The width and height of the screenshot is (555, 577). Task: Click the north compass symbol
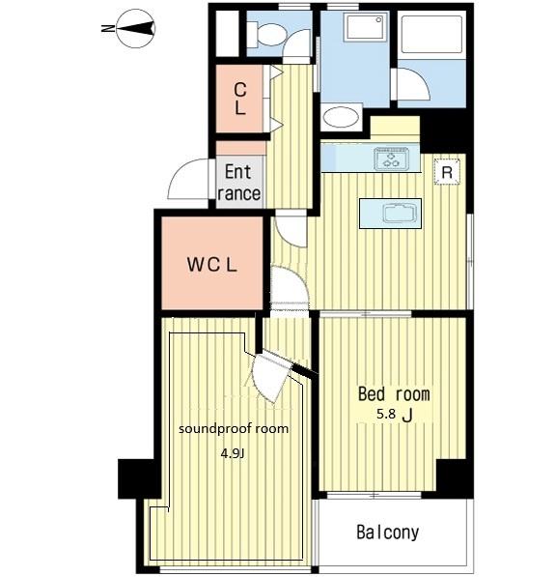[x=136, y=28]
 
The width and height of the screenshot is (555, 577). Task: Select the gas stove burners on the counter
[x=392, y=159]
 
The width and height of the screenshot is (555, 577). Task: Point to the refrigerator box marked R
[x=447, y=172]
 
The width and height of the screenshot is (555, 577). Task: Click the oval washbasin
[x=341, y=117]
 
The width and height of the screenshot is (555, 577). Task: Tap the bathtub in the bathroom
[x=431, y=35]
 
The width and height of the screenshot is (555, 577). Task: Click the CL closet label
[x=240, y=99]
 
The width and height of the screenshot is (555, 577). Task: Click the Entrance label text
[x=239, y=183]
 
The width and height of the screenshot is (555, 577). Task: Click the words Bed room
[x=394, y=394]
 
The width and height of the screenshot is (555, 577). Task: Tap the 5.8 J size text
[x=395, y=415]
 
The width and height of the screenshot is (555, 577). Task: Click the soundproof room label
[x=234, y=429]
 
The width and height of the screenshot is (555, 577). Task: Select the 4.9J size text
[x=233, y=453]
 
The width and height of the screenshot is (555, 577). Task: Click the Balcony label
[x=388, y=533]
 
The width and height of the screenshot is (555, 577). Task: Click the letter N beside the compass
[x=107, y=28]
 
